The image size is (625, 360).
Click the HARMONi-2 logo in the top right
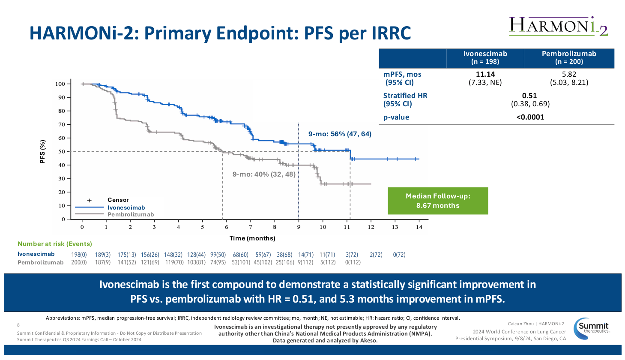(x=559, y=26)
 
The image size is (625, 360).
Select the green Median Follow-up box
(x=437, y=201)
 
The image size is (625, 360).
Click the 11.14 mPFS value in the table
(x=485, y=74)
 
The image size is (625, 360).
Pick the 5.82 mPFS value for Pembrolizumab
(x=569, y=74)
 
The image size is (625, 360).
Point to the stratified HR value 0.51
(x=529, y=96)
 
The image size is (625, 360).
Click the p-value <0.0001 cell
(x=530, y=117)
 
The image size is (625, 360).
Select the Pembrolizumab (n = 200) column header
(x=568, y=58)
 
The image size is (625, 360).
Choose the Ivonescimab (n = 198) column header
(x=485, y=58)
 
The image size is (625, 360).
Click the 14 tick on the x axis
(x=419, y=227)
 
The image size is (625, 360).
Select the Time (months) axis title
(x=252, y=238)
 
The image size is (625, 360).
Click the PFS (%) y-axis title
(x=42, y=151)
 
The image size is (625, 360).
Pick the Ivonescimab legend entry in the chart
(x=126, y=207)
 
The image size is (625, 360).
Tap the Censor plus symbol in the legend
(x=90, y=200)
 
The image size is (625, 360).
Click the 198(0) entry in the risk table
(x=79, y=255)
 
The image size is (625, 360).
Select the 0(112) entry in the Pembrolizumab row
(x=353, y=262)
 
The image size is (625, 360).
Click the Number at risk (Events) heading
(x=55, y=244)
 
